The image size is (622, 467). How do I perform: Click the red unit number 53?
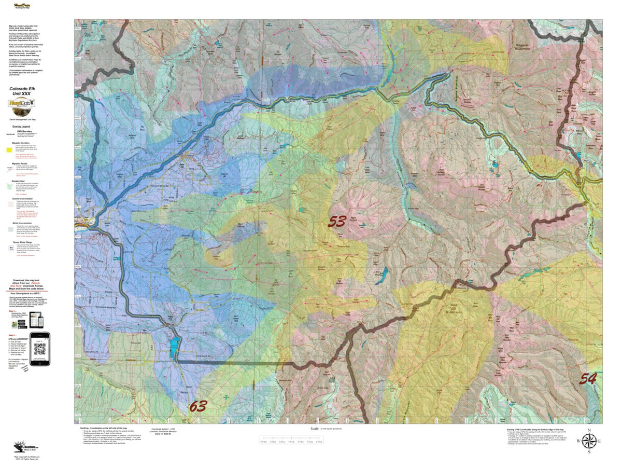click(337, 222)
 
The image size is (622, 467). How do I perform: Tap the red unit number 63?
click(198, 406)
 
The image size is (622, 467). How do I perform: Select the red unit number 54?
click(588, 378)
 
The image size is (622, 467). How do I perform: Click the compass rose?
click(589, 441)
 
